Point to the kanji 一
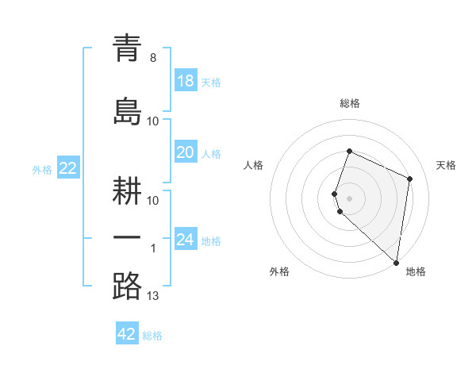point(127,238)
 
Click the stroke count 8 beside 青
point(153,58)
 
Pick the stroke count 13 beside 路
point(153,296)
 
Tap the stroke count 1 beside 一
point(153,248)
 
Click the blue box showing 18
point(185,81)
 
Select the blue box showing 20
point(185,152)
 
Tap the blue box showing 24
point(185,240)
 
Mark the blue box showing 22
point(67,168)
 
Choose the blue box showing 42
point(127,334)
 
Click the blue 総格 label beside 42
point(152,336)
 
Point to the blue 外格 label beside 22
point(42,169)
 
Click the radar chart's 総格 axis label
point(350,103)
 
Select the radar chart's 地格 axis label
point(416,271)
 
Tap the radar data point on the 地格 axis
point(396,263)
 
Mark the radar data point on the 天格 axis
point(410,179)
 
